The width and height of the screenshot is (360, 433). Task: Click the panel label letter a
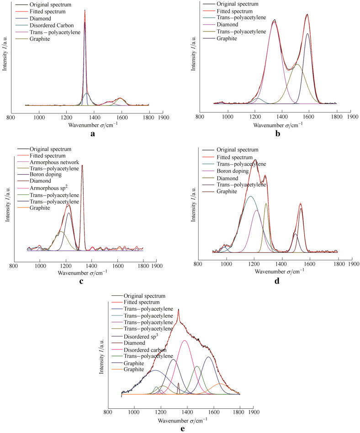(93, 134)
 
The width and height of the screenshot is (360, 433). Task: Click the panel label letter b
(272, 134)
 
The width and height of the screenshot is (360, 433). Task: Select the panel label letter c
(81, 281)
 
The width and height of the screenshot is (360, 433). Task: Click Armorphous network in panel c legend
(54, 162)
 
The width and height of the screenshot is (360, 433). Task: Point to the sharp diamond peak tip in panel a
(85, 10)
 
